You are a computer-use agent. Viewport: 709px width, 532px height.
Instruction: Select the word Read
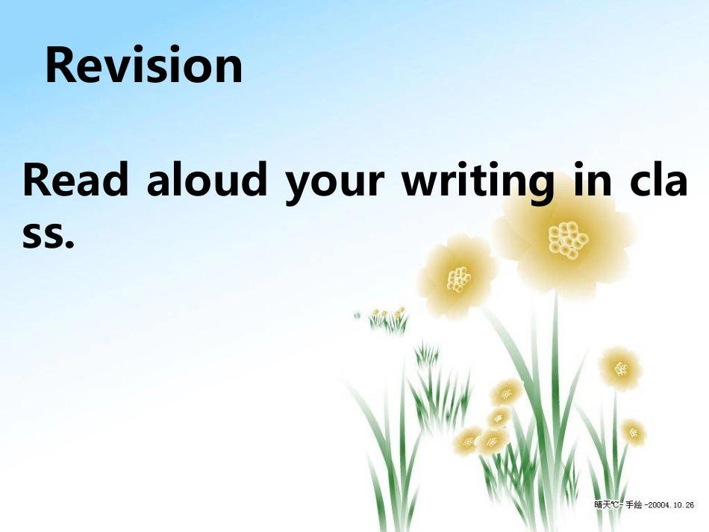(75, 181)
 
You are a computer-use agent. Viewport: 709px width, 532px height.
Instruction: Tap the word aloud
(206, 181)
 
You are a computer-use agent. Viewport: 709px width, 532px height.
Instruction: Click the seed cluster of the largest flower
(567, 239)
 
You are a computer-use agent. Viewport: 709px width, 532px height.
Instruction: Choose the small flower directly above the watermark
(633, 431)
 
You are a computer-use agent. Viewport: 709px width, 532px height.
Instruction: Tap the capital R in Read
(37, 181)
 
